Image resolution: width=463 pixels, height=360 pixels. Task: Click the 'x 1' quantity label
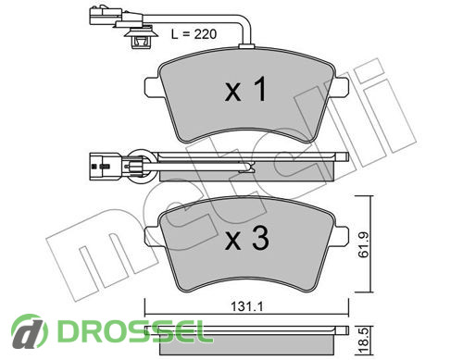pos(245,90)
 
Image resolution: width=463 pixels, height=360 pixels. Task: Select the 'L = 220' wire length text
pos(194,34)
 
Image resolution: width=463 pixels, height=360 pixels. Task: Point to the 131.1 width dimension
pos(246,306)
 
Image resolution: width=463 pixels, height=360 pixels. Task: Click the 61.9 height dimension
pos(364,244)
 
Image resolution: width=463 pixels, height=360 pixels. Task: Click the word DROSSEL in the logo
pos(131,330)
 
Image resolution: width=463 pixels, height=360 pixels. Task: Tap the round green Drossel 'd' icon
pos(30,331)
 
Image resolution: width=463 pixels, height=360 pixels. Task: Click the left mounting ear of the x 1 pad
pos(152,86)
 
